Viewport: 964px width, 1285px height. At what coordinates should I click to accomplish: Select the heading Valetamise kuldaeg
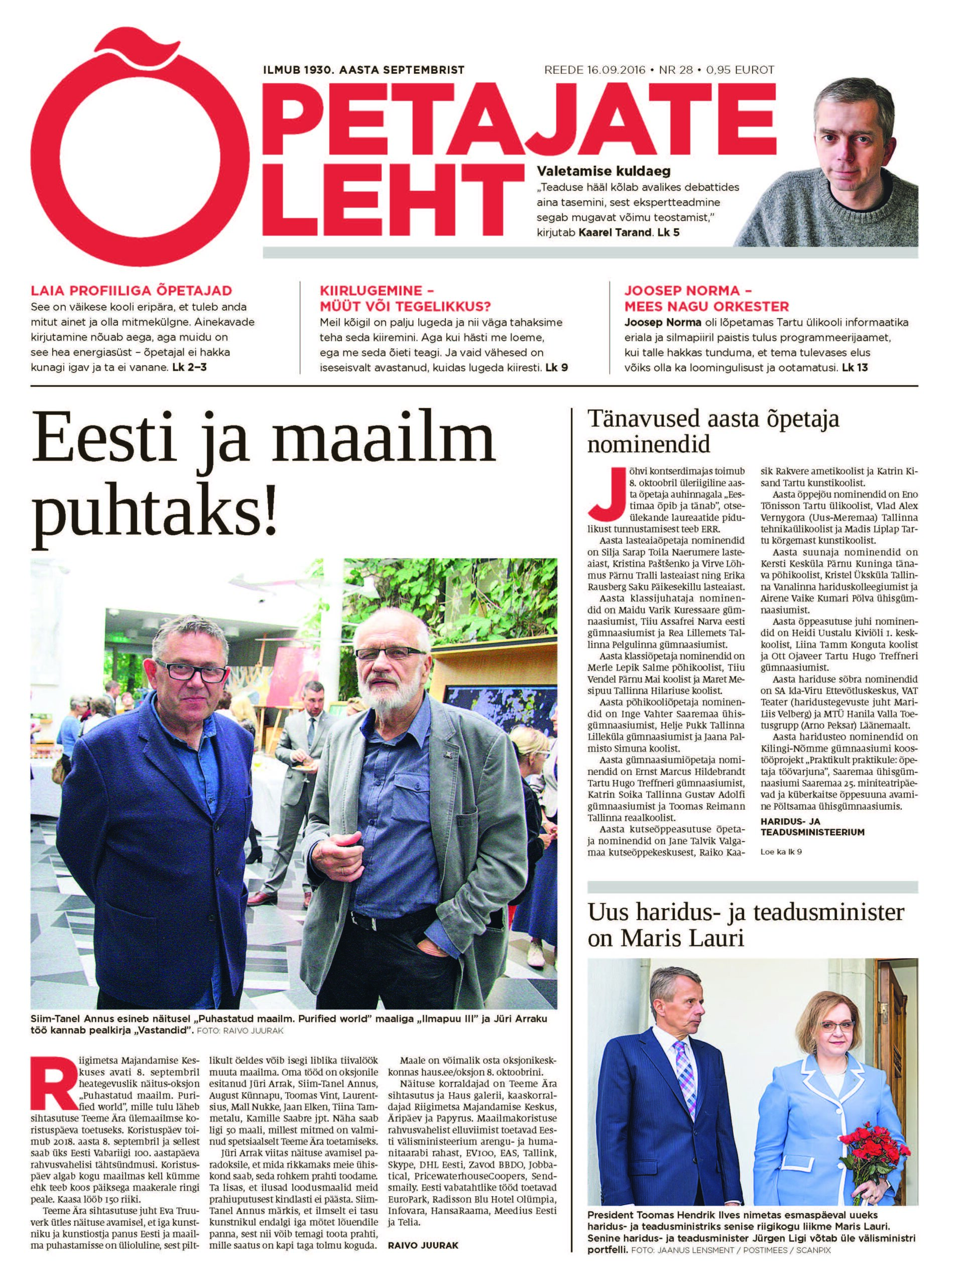pos(603,171)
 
